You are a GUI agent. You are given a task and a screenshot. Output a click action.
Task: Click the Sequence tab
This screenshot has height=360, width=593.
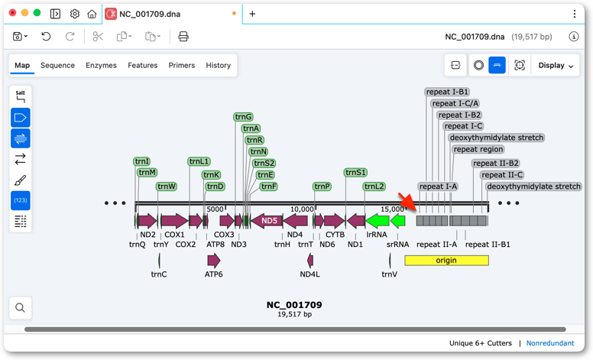click(x=57, y=66)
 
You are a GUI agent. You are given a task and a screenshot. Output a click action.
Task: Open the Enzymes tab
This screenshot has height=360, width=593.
click(x=101, y=66)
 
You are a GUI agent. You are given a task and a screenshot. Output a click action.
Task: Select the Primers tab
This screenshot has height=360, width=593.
click(x=182, y=66)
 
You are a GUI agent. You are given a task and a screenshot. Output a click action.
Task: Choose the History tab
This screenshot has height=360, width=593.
click(x=219, y=66)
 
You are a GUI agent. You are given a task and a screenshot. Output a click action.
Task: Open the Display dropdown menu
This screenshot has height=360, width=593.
click(x=556, y=66)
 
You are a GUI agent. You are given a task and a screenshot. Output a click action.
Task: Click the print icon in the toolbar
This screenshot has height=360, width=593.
click(x=183, y=36)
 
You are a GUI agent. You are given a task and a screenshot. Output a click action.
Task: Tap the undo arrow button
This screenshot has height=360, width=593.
click(x=46, y=36)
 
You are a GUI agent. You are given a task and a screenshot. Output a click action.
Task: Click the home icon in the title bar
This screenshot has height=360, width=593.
click(x=92, y=14)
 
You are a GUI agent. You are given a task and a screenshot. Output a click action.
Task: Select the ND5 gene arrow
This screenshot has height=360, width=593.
click(x=267, y=220)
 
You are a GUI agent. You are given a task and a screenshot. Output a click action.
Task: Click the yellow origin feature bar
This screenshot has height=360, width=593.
click(x=446, y=260)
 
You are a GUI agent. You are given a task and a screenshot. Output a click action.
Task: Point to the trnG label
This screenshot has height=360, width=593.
click(x=243, y=117)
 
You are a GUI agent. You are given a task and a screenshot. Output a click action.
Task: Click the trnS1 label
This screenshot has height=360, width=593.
click(x=355, y=173)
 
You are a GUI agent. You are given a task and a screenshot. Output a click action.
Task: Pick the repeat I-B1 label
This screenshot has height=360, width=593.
click(x=447, y=92)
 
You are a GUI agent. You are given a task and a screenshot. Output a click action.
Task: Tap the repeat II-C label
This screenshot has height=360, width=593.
click(x=502, y=175)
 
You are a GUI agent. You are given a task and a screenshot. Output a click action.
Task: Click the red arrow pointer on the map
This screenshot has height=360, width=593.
click(x=408, y=202)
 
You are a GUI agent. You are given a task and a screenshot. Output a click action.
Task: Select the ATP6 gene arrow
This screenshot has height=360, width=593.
click(x=214, y=260)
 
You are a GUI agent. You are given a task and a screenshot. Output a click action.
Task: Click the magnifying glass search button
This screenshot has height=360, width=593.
click(x=21, y=308)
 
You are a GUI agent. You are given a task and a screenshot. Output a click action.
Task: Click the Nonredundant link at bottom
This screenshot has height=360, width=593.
click(x=550, y=343)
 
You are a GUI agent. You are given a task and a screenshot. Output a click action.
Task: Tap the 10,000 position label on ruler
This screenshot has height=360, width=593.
click(x=302, y=209)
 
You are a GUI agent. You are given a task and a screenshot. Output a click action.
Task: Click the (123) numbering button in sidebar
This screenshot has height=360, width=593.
click(x=21, y=200)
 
